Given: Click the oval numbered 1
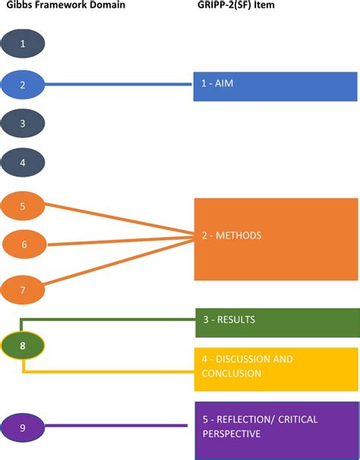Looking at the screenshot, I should pyautogui.click(x=23, y=43).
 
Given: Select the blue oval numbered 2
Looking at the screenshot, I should pyautogui.click(x=23, y=84).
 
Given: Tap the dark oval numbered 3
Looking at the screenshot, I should pyautogui.click(x=23, y=123).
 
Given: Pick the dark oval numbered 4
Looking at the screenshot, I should pyautogui.click(x=23, y=162).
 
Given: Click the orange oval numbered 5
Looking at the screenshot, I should pyautogui.click(x=23, y=205).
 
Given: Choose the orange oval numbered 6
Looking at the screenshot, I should pyautogui.click(x=24, y=244).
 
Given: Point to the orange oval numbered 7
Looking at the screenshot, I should pyautogui.click(x=23, y=289).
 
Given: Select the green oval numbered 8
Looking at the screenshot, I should pyautogui.click(x=23, y=345).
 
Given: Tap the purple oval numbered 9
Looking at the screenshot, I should pyautogui.click(x=23, y=427).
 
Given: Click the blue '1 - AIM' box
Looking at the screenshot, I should pyautogui.click(x=275, y=87).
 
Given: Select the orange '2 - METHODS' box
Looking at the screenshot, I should pyautogui.click(x=276, y=239).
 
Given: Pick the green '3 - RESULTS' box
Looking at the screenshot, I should pyautogui.click(x=276, y=322).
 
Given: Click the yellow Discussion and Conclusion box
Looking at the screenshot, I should pyautogui.click(x=276, y=369).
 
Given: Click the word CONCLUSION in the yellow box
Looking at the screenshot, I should pyautogui.click(x=232, y=373).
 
